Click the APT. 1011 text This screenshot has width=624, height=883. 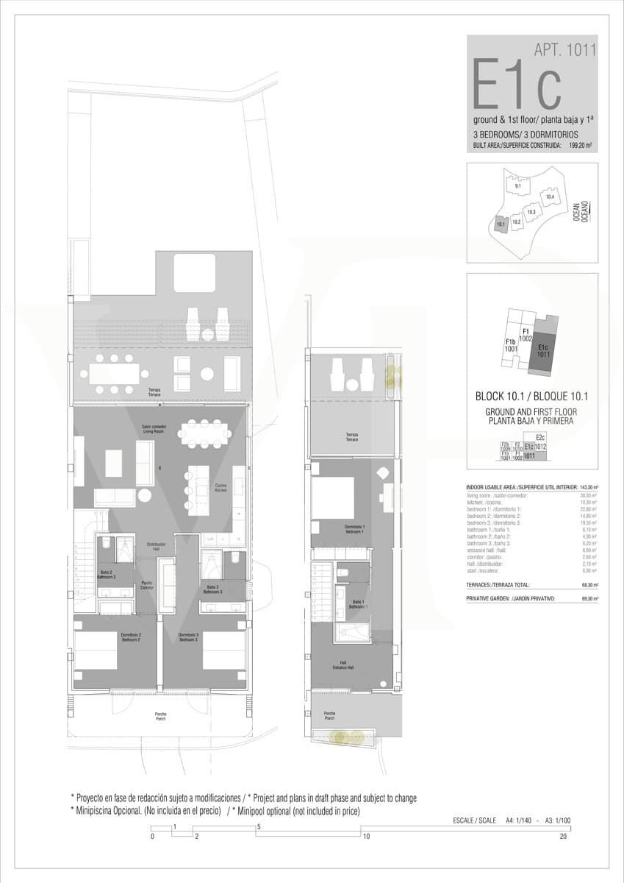coord(564,50)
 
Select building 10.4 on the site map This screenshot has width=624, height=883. coord(548,196)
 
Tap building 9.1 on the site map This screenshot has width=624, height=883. coord(518,186)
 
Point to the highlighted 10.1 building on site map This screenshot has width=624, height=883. coord(500,224)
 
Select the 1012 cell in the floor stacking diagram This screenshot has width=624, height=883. coord(540,446)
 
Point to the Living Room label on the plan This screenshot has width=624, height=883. coord(153,429)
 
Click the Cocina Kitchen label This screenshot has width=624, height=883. coord(220,488)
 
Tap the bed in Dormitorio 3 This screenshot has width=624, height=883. coord(223,650)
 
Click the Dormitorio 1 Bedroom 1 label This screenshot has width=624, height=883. coord(354,528)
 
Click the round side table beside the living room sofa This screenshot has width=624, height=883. coord(145,495)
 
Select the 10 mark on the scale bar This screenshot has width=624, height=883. coord(365,836)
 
